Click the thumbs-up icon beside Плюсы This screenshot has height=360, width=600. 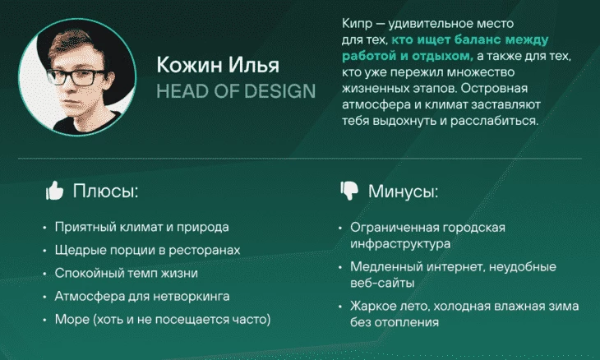click(54, 191)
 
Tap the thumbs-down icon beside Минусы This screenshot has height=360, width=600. click(349, 191)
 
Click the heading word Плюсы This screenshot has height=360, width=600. click(105, 191)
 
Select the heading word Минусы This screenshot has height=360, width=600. click(403, 192)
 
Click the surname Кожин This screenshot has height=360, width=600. click(189, 65)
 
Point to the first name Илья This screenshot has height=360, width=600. click(254, 65)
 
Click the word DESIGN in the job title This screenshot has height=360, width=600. click(279, 91)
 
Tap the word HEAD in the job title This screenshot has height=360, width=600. click(183, 91)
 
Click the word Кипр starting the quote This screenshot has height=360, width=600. click(357, 24)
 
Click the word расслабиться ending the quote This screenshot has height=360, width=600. click(494, 121)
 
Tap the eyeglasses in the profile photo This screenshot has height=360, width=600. click(76, 77)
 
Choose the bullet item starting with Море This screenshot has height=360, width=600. click(163, 319)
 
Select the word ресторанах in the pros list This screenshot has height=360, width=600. click(205, 250)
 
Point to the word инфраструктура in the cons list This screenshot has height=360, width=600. click(400, 243)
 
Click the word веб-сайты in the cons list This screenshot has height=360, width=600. click(382, 283)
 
